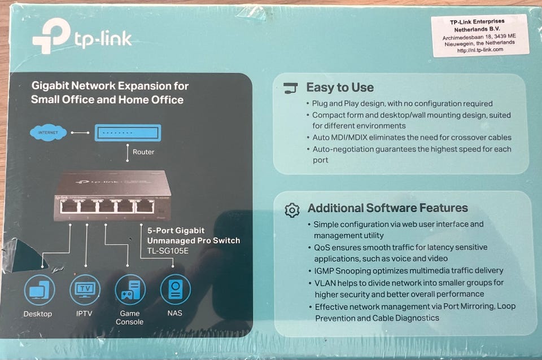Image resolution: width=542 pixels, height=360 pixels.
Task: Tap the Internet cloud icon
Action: pyautogui.click(x=48, y=133)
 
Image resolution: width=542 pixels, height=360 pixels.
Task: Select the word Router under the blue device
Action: pyautogui.click(x=143, y=152)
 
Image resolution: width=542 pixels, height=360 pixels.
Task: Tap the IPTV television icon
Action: pyautogui.click(x=85, y=290)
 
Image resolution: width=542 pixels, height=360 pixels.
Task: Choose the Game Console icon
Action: pyautogui.click(x=130, y=290)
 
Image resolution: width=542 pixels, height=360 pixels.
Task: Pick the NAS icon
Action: pyautogui.click(x=175, y=290)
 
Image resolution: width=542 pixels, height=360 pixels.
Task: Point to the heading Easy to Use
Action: pyautogui.click(x=340, y=87)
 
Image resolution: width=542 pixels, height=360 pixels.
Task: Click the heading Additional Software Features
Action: pyautogui.click(x=387, y=208)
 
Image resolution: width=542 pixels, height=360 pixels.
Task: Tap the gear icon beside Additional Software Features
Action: pyautogui.click(x=292, y=210)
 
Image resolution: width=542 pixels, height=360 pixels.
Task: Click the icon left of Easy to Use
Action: pyautogui.click(x=290, y=88)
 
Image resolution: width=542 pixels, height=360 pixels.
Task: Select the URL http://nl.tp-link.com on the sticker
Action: pyautogui.click(x=480, y=50)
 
